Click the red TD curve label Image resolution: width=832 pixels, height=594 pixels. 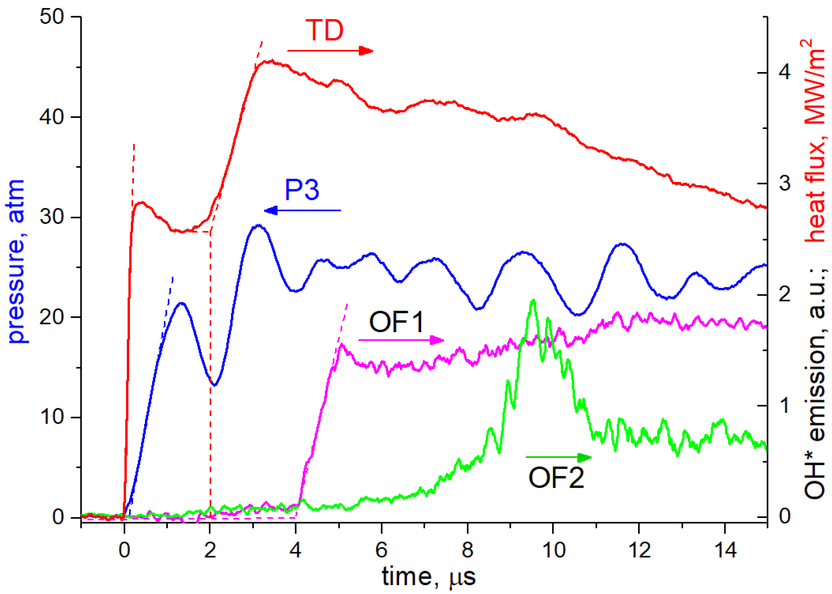click(324, 30)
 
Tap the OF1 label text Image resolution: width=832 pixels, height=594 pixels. click(396, 322)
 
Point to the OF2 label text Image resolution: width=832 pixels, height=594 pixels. click(556, 478)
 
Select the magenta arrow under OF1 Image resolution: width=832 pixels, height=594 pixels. click(401, 340)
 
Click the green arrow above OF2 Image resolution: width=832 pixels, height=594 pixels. click(558, 457)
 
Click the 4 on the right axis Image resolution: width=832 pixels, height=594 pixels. click(785, 72)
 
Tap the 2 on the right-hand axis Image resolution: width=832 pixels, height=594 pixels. click(785, 294)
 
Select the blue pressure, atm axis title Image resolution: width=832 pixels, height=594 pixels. click(17, 262)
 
